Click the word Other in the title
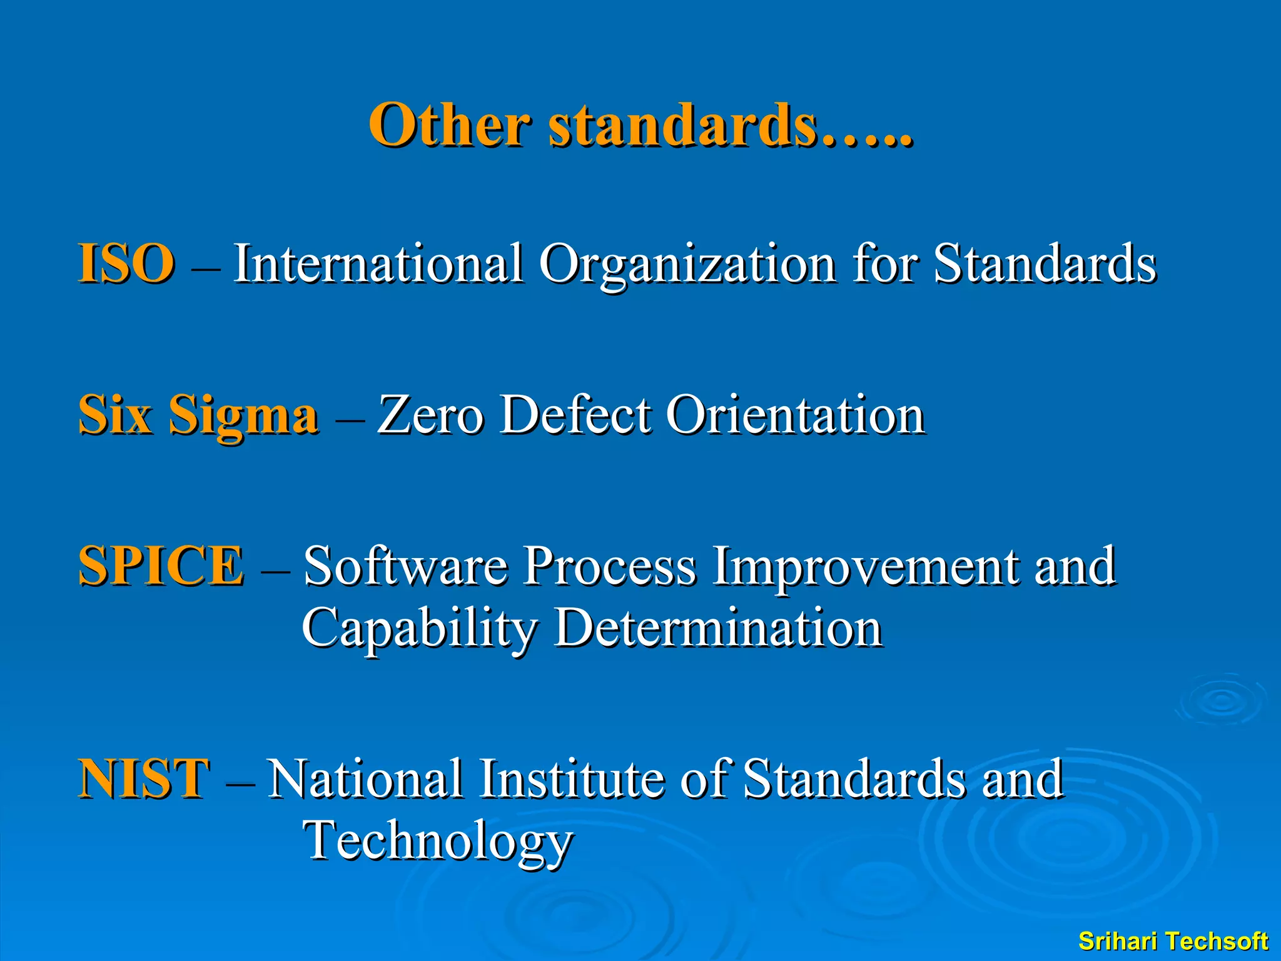click(x=449, y=125)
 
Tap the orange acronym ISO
click(x=126, y=263)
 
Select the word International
click(x=378, y=263)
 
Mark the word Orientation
click(x=795, y=415)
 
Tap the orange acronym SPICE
click(x=161, y=566)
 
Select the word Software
click(x=405, y=566)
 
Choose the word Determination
click(x=719, y=628)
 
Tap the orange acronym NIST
click(x=143, y=778)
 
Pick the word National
click(x=366, y=778)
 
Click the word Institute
click(x=571, y=778)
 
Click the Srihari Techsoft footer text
click(x=1173, y=941)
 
